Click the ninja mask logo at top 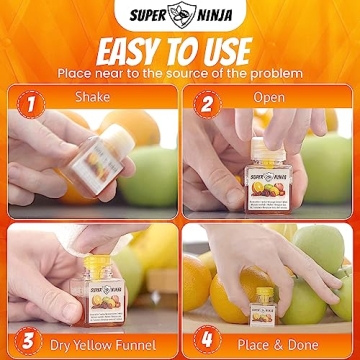pos(180,15)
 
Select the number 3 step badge pos(31,337)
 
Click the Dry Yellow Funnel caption pos(108,339)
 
